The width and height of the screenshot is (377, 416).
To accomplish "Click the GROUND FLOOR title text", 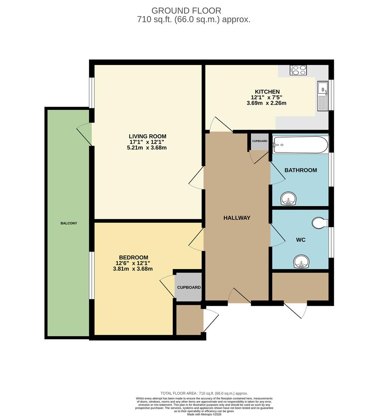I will (x=186, y=10).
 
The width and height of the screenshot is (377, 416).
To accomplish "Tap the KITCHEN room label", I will (x=266, y=92).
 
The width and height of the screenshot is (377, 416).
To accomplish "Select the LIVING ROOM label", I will (x=147, y=136).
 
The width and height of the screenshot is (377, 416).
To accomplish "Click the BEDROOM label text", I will (x=133, y=258).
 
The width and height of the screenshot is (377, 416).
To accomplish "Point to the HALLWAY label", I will (x=237, y=218).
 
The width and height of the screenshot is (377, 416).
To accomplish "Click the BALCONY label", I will (x=69, y=223).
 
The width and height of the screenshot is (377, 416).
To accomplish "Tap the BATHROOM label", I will (x=301, y=170).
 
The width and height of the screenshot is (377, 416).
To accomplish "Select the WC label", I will (x=301, y=240).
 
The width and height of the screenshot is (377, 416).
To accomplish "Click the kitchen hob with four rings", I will (x=299, y=70).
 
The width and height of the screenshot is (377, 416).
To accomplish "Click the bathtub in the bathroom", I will (x=300, y=144).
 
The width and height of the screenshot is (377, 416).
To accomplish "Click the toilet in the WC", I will (x=320, y=223).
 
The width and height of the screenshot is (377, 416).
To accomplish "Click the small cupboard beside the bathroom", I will (x=260, y=141).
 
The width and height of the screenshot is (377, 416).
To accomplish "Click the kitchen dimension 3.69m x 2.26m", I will (x=266, y=103).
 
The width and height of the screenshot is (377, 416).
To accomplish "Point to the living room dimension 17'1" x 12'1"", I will (x=147, y=142).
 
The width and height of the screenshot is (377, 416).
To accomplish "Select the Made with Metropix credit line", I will (x=204, y=414).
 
